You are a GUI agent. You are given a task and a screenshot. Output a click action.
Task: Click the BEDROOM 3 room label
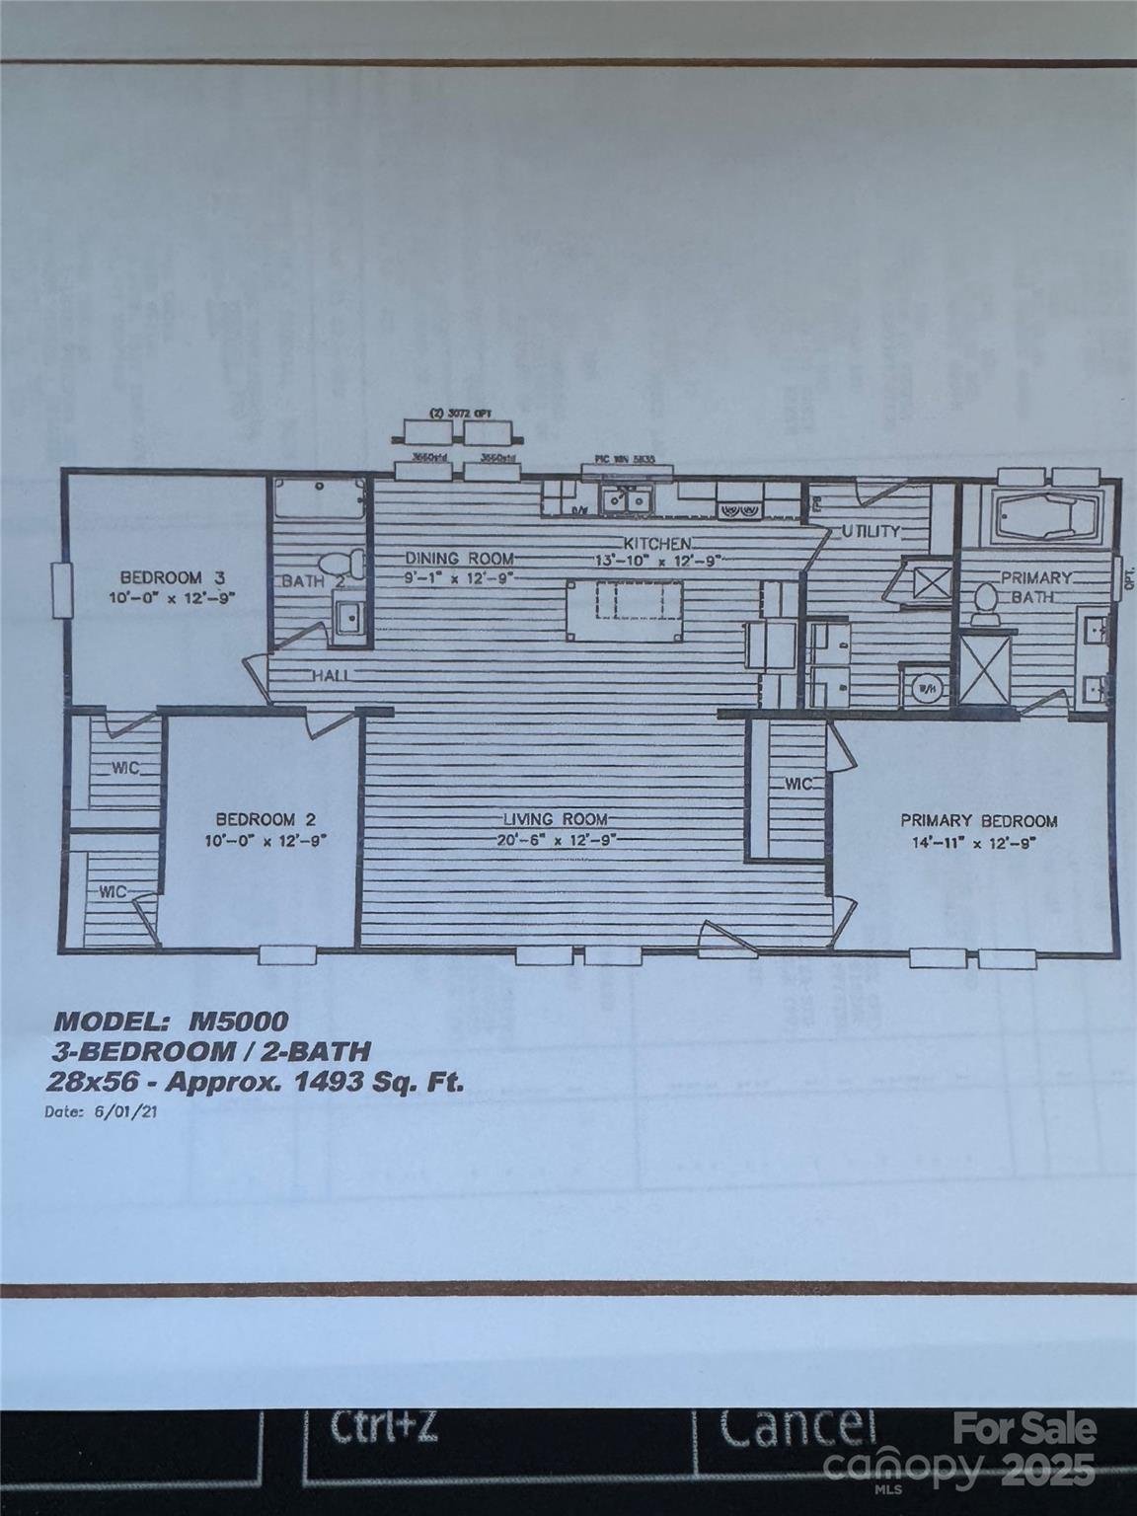click(x=160, y=577)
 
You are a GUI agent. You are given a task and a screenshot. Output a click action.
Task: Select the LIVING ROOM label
click(x=555, y=819)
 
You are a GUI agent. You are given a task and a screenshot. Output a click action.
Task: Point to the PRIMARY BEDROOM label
click(x=978, y=820)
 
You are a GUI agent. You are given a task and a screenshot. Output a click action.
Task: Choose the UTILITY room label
click(x=871, y=532)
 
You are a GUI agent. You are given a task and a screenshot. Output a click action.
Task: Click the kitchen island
click(x=624, y=609)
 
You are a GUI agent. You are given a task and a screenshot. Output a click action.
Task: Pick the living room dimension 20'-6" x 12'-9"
click(x=555, y=841)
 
